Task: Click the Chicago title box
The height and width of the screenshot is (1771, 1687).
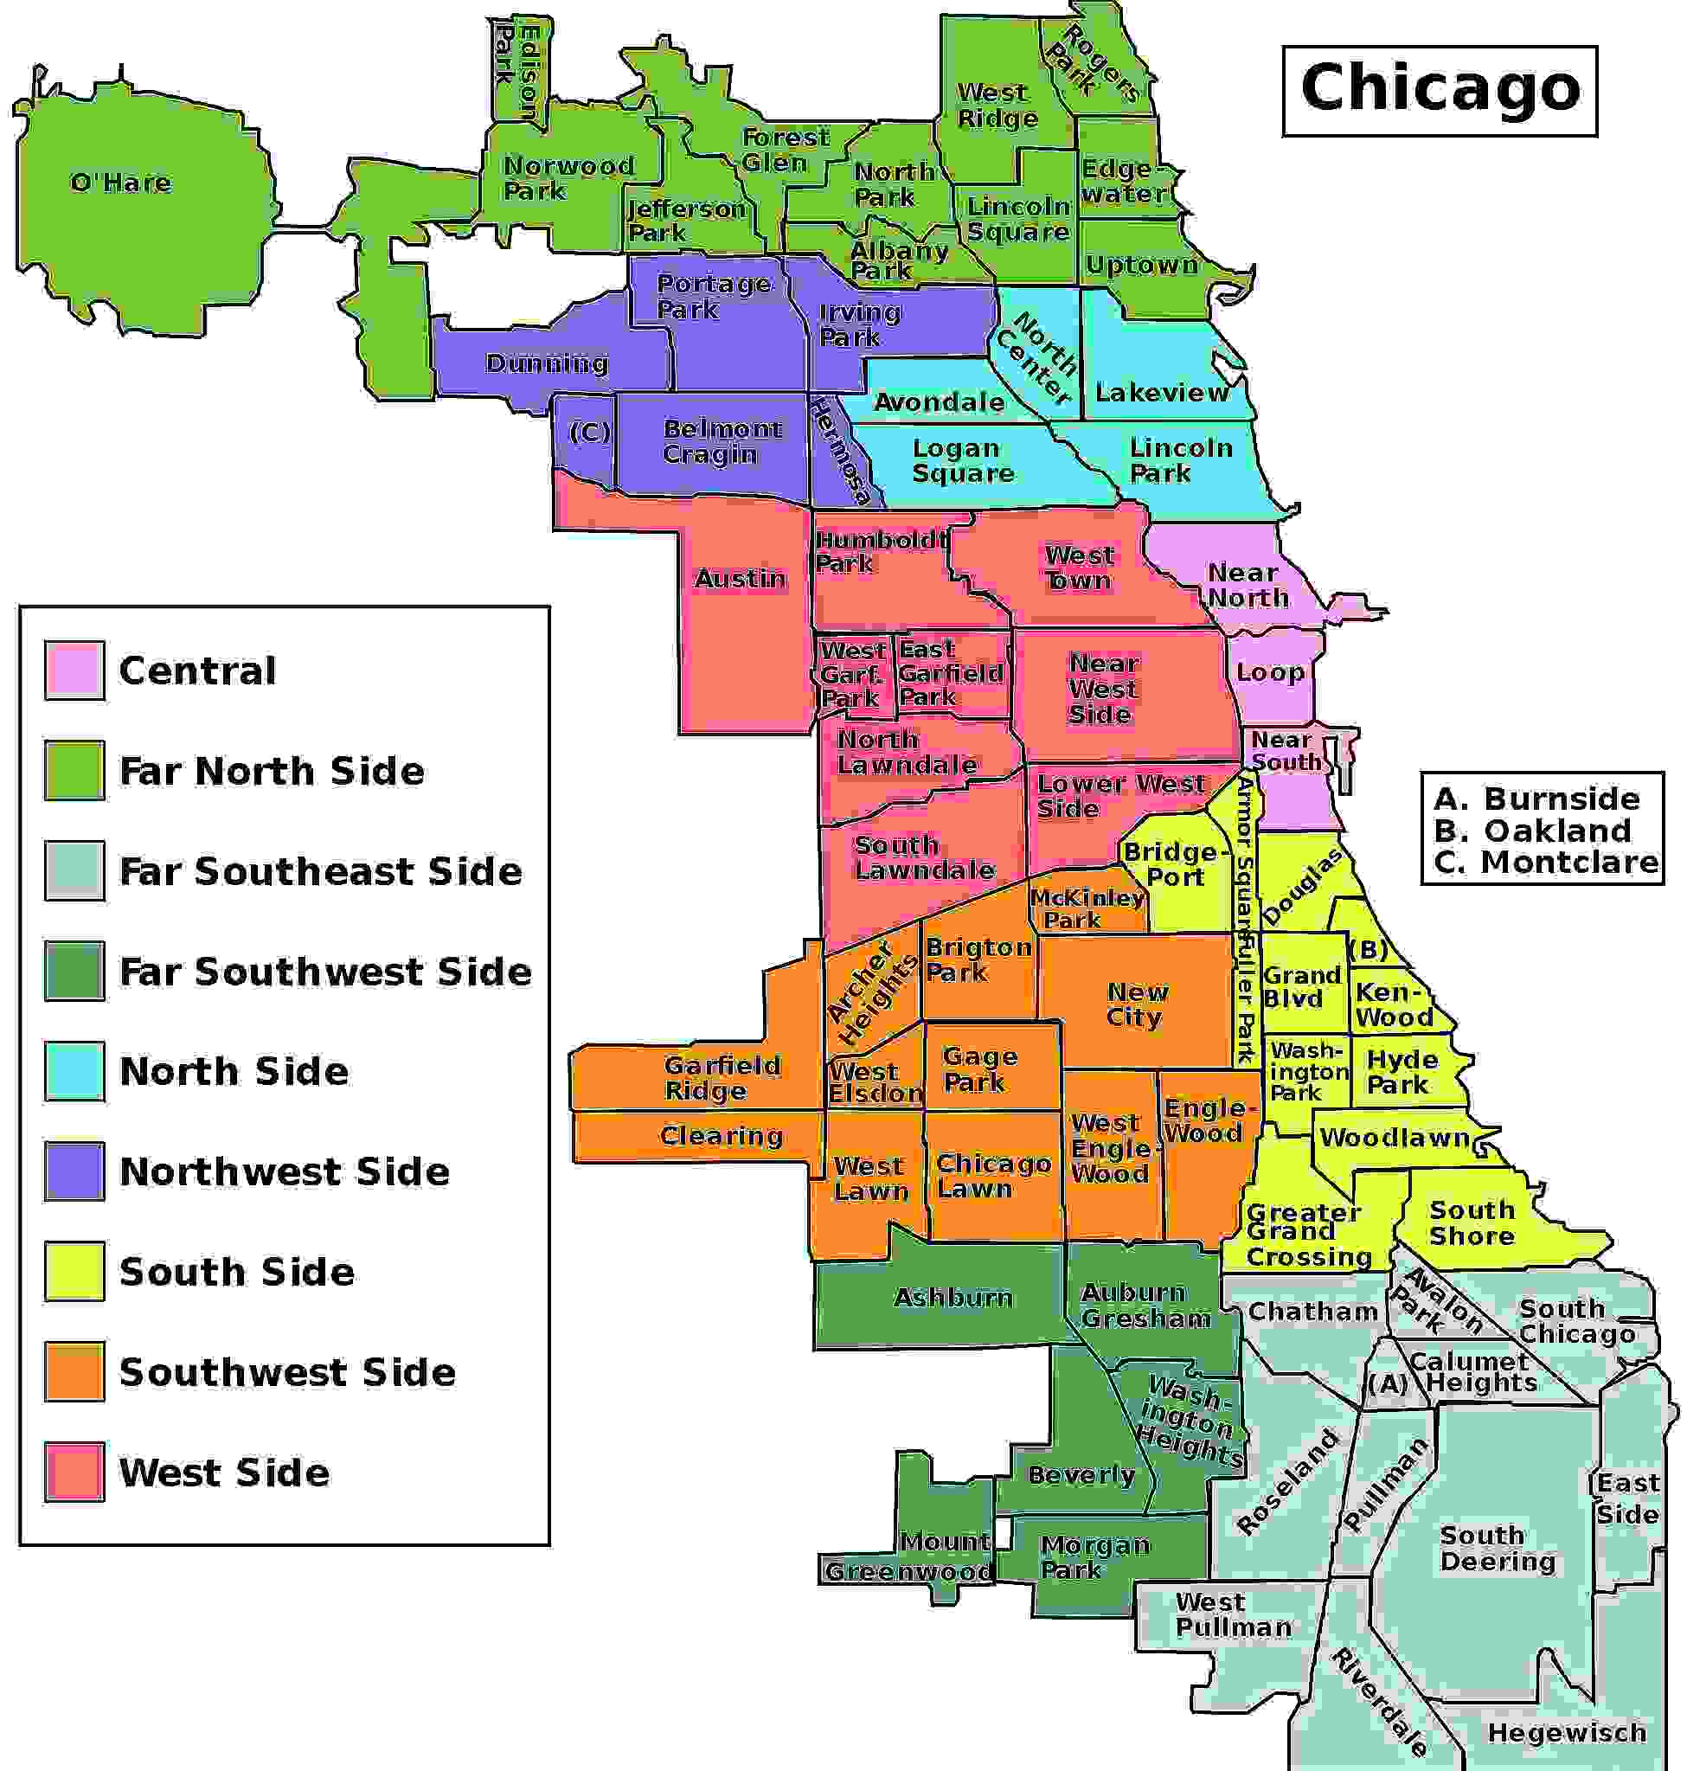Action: pyautogui.click(x=1439, y=90)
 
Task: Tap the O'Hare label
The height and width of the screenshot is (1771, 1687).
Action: pyautogui.click(x=120, y=183)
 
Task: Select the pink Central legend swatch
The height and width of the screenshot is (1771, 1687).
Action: pyautogui.click(x=74, y=671)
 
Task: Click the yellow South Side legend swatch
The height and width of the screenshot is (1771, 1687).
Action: pyautogui.click(x=74, y=1271)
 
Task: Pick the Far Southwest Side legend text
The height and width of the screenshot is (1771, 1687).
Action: pyautogui.click(x=325, y=972)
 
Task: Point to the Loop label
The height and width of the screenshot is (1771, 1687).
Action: pyautogui.click(x=1270, y=672)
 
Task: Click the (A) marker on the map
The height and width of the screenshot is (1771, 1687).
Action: pyautogui.click(x=1388, y=1383)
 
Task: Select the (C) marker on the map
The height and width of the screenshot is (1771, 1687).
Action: pyautogui.click(x=590, y=433)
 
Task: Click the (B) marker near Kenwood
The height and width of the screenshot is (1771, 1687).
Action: pyautogui.click(x=1369, y=950)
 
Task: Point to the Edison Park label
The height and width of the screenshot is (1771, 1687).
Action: pyautogui.click(x=518, y=70)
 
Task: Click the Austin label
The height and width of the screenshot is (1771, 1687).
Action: pyautogui.click(x=740, y=577)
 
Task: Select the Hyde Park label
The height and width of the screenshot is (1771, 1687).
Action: pyautogui.click(x=1401, y=1071)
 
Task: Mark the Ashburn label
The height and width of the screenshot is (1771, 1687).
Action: pyautogui.click(x=953, y=1296)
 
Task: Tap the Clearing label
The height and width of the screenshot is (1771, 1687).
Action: pyautogui.click(x=722, y=1135)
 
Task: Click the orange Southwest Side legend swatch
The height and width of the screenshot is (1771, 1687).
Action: pyautogui.click(x=74, y=1370)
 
